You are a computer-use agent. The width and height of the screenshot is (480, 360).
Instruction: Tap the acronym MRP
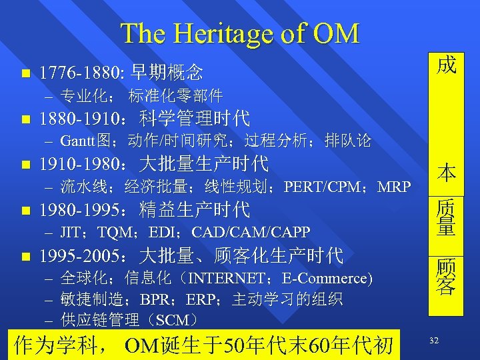(394, 187)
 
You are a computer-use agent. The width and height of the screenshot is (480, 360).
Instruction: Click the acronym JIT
(71, 233)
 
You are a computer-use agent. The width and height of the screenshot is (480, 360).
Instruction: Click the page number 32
(434, 341)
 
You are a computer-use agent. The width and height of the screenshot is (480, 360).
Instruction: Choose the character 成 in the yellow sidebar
(446, 65)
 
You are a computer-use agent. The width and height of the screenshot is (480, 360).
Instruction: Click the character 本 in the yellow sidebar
(446, 173)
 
